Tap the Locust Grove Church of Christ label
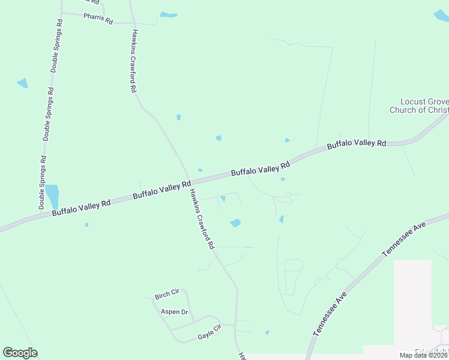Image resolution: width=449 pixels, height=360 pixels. pos(418,106)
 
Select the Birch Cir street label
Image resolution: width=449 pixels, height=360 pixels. pos(167,294)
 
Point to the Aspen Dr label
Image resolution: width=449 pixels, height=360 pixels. pos(175,312)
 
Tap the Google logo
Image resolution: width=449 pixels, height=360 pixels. pos(20,353)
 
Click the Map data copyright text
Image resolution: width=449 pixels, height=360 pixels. pos(432,355)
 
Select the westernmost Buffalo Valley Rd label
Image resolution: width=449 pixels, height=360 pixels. pos(81,208)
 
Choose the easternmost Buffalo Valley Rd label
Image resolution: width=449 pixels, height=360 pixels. pos(356,144)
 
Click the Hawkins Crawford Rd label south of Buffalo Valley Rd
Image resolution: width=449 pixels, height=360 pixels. pos(202,219)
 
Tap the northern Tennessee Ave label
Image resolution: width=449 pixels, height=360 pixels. pos(404,239)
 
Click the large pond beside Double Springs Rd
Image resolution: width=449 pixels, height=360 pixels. pos(52,195)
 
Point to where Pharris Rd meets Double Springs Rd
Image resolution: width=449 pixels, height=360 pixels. pos(62,13)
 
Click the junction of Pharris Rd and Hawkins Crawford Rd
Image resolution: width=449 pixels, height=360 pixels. pos(133,23)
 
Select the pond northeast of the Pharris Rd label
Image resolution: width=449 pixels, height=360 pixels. pos(169,14)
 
